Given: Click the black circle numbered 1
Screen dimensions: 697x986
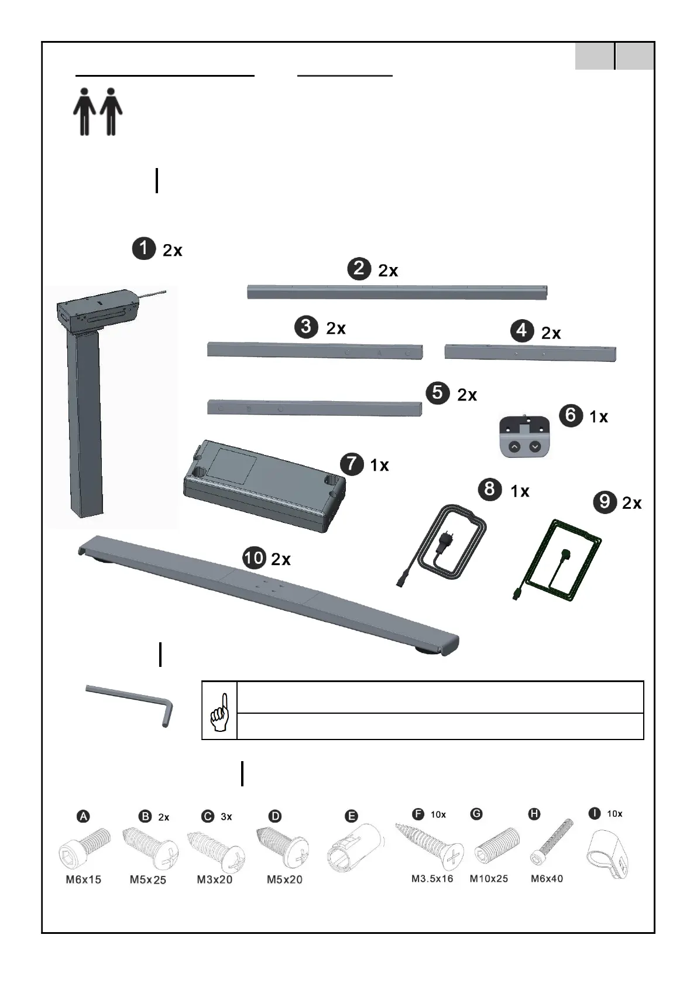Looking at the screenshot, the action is pos(143,249).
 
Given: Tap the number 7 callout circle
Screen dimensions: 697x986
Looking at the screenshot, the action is pos(352,464).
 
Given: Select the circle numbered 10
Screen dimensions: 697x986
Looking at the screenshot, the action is pos(254,558).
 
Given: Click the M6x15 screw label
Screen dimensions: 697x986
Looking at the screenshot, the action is pos(84,879).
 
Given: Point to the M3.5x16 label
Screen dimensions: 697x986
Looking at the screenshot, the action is pos(432,878).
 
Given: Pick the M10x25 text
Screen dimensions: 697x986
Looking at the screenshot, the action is pos(489,878).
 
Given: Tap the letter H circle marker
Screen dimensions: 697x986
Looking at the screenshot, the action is pos(534,814).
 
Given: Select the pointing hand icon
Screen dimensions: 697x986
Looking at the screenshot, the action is pos(219,711).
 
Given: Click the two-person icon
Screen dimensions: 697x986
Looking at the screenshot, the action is pos(98,112).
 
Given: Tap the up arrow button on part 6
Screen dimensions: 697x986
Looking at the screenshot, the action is pos(514,447).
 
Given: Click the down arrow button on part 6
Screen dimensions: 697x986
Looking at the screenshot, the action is pos(535,447).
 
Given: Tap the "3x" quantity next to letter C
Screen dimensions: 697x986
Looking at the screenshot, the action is pos(226,817).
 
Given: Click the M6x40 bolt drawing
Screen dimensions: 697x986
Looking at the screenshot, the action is pos(552,843).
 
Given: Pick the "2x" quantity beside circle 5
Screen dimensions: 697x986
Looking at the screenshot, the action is pos(467,395).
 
